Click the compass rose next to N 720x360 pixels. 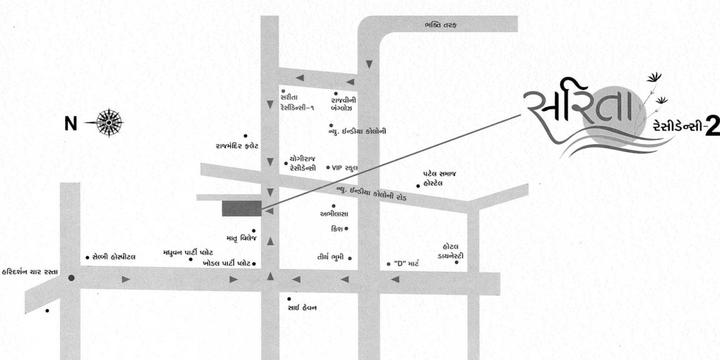(109, 123)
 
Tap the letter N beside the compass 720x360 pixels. (71, 124)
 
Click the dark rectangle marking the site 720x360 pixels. (241, 209)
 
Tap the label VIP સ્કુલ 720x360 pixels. (345, 168)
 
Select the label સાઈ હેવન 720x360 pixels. (302, 308)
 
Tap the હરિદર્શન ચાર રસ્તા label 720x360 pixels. (30, 272)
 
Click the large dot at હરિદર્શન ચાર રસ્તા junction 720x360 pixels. (71, 278)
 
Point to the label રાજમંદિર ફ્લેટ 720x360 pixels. (237, 146)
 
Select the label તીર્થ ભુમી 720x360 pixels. (331, 258)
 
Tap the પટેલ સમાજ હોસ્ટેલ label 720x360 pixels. (439, 178)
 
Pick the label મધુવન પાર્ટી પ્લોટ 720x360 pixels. (189, 252)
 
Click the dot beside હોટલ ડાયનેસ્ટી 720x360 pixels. (456, 262)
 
